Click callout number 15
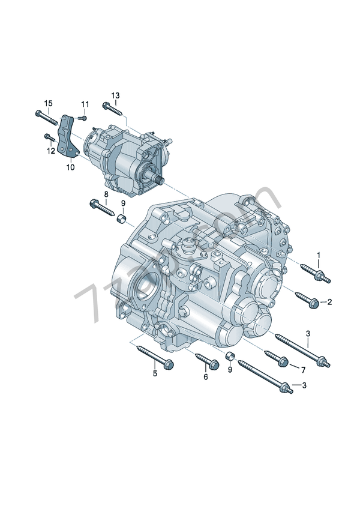point(49,103)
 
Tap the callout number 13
point(115,95)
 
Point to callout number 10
point(70,167)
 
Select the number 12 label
point(52,151)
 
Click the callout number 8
point(106,194)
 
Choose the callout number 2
point(329,302)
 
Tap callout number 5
point(154,374)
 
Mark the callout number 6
point(205,377)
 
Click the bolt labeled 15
point(44,116)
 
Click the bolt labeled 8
point(102,206)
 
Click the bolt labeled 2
point(307,299)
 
